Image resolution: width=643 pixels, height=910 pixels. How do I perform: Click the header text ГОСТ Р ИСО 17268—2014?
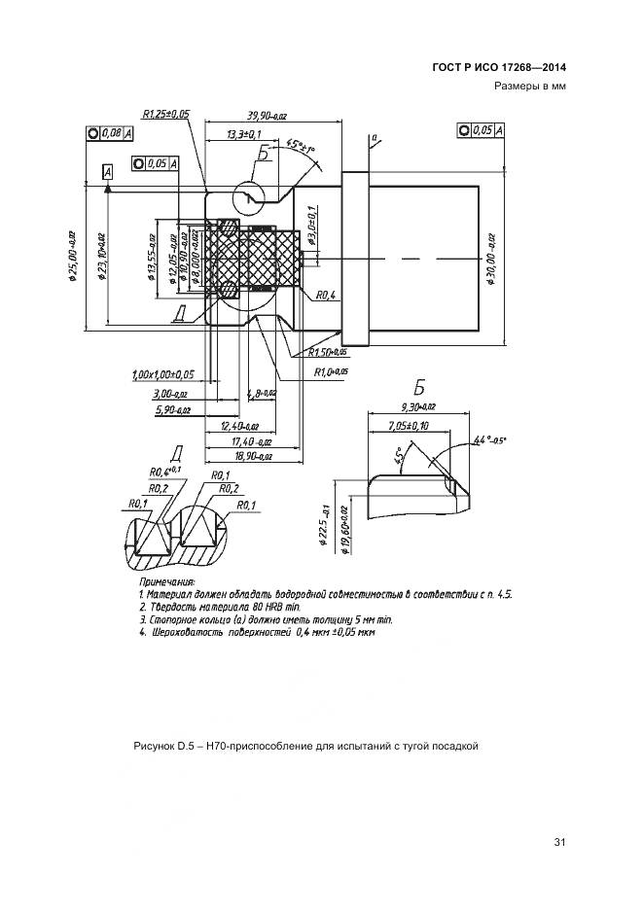(499, 67)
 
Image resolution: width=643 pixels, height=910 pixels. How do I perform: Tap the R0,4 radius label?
(326, 295)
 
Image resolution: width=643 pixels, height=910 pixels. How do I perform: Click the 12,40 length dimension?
(239, 426)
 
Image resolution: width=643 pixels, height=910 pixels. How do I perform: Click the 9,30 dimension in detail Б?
(417, 407)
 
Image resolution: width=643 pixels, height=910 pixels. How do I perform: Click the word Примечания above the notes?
(166, 581)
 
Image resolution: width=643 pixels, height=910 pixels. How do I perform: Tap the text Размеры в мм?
(529, 86)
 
